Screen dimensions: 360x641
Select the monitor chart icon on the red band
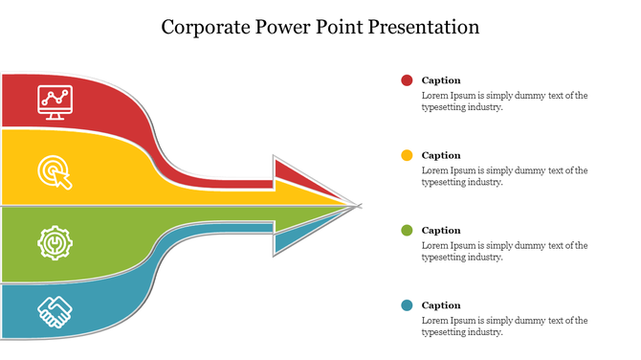tap(55, 100)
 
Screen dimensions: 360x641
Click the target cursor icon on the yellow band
tap(55, 171)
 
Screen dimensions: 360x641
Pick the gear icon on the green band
tap(55, 243)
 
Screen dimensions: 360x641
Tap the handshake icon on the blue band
tap(55, 311)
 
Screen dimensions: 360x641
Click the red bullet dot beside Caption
tap(407, 80)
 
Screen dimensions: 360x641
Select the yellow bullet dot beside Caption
tap(407, 155)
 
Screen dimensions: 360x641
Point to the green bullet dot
tap(407, 230)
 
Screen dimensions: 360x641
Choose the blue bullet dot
tap(407, 305)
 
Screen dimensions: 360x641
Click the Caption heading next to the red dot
tap(441, 80)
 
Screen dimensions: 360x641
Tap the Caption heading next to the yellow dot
tap(441, 155)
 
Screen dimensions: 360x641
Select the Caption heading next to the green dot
tap(441, 230)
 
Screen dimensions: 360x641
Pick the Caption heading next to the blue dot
tap(441, 305)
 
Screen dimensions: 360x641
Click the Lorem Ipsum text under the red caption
tap(504, 101)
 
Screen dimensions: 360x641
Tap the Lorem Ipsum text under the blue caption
tap(504, 326)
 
